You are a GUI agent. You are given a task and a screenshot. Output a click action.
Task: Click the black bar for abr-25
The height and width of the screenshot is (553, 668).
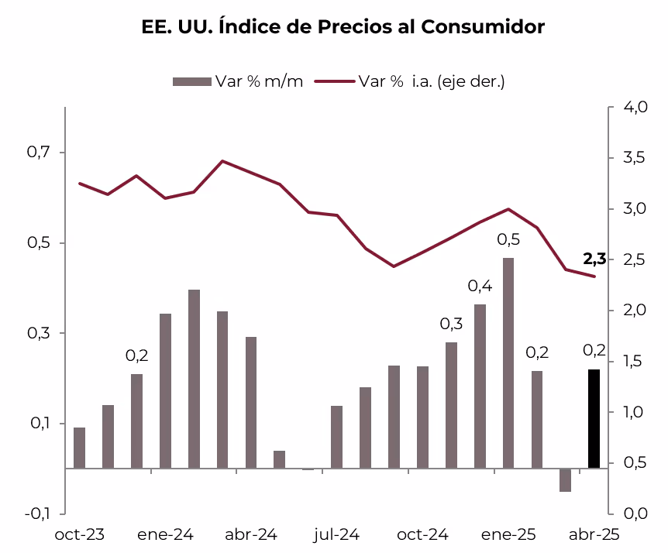[x=594, y=419]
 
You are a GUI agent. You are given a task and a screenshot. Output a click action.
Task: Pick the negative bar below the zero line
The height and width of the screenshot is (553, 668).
[x=565, y=480]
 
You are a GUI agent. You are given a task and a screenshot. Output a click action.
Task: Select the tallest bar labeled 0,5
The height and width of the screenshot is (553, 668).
[x=508, y=362]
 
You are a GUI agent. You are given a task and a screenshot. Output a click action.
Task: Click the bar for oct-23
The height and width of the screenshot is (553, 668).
[x=79, y=448]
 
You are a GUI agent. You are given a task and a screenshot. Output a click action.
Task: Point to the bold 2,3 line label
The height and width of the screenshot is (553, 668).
[x=594, y=259]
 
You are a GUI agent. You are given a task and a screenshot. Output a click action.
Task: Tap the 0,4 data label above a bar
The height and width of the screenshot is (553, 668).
[x=480, y=287]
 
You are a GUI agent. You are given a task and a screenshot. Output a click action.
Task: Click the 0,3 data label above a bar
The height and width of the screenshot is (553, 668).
[x=451, y=324]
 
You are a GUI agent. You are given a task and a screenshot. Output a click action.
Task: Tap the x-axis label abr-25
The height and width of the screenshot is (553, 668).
[x=594, y=534]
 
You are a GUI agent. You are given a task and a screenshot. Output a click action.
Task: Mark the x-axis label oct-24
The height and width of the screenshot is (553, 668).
[x=422, y=534]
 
